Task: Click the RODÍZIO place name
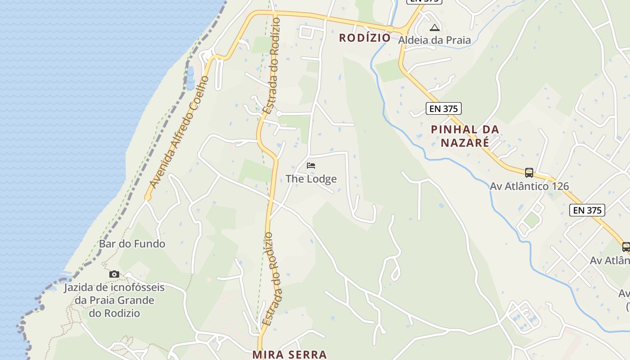coord(364,38)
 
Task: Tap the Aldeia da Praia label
coord(434,40)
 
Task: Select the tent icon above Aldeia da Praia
coord(434,28)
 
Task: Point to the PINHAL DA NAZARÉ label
coord(465,136)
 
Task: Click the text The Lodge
coord(311,179)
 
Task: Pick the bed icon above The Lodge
coord(311,166)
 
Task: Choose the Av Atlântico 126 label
coord(529,186)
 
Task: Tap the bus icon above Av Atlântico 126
coord(529,172)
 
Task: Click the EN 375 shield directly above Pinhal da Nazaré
coord(443,108)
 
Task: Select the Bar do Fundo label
coord(132,244)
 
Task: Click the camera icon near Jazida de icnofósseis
coord(114,274)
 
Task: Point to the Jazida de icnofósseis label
coord(114,300)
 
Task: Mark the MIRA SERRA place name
coord(289,355)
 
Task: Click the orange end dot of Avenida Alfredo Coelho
coord(148,197)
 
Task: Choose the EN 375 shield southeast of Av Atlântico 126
coord(587,210)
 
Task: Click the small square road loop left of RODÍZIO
coord(306,32)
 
